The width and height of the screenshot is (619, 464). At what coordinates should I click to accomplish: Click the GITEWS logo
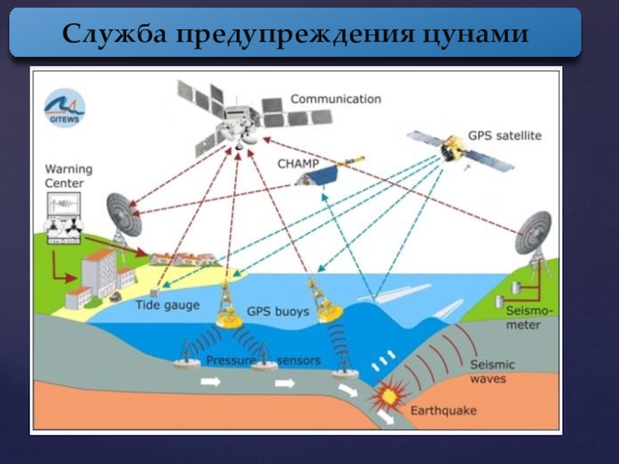[64, 107]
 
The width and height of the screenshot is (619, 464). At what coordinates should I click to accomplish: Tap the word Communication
[336, 99]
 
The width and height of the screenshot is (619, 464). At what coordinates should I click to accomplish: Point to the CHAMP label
[297, 164]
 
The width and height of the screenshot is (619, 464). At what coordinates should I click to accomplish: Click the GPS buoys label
[278, 312]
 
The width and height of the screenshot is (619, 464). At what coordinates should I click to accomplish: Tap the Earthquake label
[443, 410]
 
